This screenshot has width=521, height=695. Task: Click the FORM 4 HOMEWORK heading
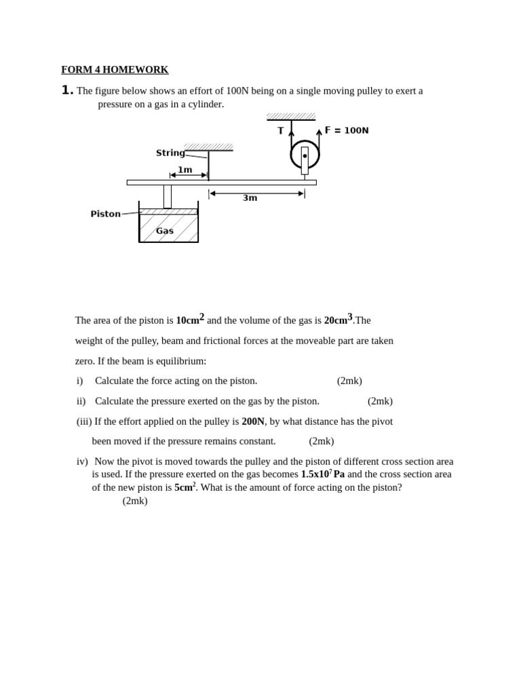pyautogui.click(x=115, y=70)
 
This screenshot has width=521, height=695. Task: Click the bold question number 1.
pyautogui.click(x=67, y=90)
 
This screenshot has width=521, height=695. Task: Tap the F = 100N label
pyautogui.click(x=347, y=130)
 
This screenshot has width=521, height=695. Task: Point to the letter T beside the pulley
pyautogui.click(x=281, y=131)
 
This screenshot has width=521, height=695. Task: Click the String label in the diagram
pyautogui.click(x=170, y=153)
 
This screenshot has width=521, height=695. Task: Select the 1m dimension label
pyautogui.click(x=185, y=170)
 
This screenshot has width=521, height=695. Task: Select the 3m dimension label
pyautogui.click(x=250, y=198)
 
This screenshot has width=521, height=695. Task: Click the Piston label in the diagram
pyautogui.click(x=105, y=214)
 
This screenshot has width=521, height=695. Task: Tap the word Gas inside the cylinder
pyautogui.click(x=165, y=231)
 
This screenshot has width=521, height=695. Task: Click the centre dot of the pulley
pyautogui.click(x=305, y=156)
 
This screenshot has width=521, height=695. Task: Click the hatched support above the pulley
pyautogui.click(x=291, y=117)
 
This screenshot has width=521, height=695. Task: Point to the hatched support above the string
pyautogui.click(x=208, y=147)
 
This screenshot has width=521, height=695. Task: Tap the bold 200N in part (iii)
pyautogui.click(x=253, y=421)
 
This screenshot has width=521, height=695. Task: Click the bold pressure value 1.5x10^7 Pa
pyautogui.click(x=323, y=474)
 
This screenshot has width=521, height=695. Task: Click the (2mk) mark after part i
pyautogui.click(x=349, y=381)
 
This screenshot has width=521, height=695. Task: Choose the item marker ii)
pyautogui.click(x=81, y=401)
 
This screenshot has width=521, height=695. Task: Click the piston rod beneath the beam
pyautogui.click(x=168, y=196)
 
